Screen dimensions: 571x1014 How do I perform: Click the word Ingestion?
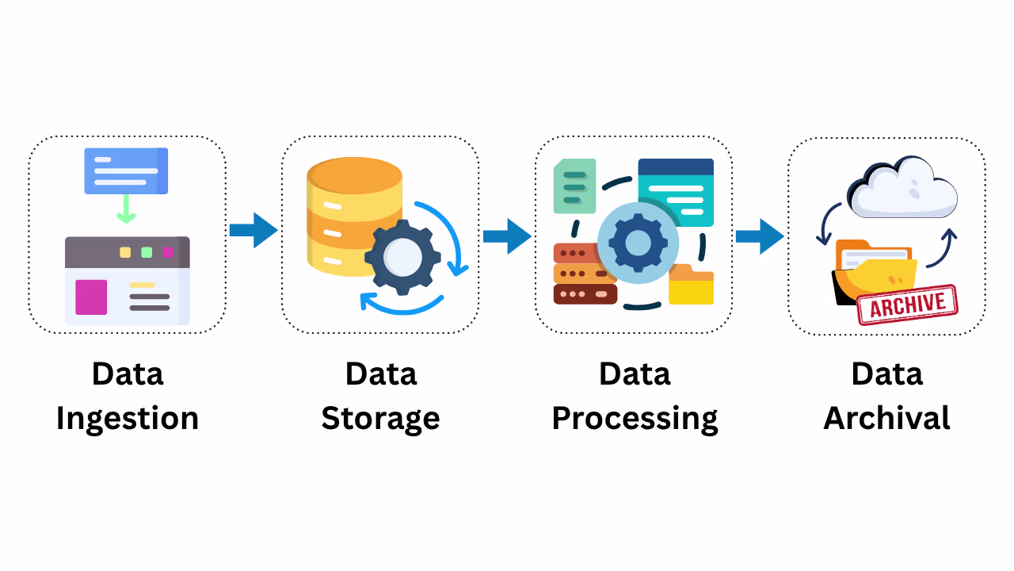click(x=127, y=418)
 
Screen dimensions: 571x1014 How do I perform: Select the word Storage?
click(x=380, y=418)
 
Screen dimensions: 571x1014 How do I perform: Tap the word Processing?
click(x=635, y=418)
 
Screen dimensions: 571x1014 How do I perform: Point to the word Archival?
click(x=886, y=418)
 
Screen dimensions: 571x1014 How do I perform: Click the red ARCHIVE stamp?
click(x=908, y=305)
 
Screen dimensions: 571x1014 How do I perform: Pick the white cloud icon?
click(x=902, y=189)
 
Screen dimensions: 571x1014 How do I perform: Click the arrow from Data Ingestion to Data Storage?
click(x=253, y=230)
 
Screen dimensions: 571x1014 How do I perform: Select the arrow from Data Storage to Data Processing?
click(x=506, y=236)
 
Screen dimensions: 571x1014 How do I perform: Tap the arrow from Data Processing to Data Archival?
click(x=759, y=236)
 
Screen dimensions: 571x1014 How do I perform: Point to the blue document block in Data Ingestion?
click(x=126, y=171)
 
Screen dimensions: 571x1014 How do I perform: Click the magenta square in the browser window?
click(x=91, y=297)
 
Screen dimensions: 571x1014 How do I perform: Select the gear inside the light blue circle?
click(x=638, y=243)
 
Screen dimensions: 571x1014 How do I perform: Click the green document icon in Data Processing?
click(x=574, y=186)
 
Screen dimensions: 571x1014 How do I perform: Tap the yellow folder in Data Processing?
click(x=691, y=285)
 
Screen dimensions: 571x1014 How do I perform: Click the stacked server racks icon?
click(x=585, y=274)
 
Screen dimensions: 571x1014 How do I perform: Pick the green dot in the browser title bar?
click(x=147, y=252)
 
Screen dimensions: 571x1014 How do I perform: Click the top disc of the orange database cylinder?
click(x=354, y=174)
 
